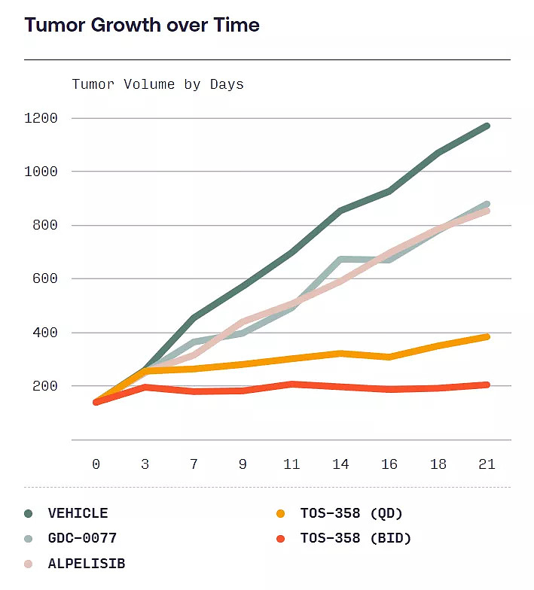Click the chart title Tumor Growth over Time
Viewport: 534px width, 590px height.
point(142,25)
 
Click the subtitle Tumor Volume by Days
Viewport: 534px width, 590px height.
point(157,84)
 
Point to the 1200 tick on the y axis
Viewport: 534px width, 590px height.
point(41,118)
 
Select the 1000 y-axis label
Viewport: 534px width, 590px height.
point(41,172)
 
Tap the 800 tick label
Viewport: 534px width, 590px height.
point(44,225)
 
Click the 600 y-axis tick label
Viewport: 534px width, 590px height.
point(44,278)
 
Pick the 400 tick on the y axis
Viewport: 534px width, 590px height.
point(44,333)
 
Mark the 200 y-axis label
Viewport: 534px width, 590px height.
point(44,386)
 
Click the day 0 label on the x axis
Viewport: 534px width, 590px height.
point(96,464)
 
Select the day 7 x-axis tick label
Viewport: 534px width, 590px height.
point(194,464)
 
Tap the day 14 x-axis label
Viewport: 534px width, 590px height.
point(340,464)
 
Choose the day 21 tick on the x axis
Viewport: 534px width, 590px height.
point(487,464)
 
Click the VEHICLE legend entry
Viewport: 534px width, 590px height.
point(78,513)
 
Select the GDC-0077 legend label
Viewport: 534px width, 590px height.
point(82,538)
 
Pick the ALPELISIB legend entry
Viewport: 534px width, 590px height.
point(86,563)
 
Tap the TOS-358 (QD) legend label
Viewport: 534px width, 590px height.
point(351,513)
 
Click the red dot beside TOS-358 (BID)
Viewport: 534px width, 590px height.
point(281,538)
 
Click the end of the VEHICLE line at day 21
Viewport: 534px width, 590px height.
point(487,126)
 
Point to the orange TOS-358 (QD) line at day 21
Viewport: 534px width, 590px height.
point(487,336)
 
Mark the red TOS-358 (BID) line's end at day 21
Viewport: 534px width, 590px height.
point(487,385)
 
